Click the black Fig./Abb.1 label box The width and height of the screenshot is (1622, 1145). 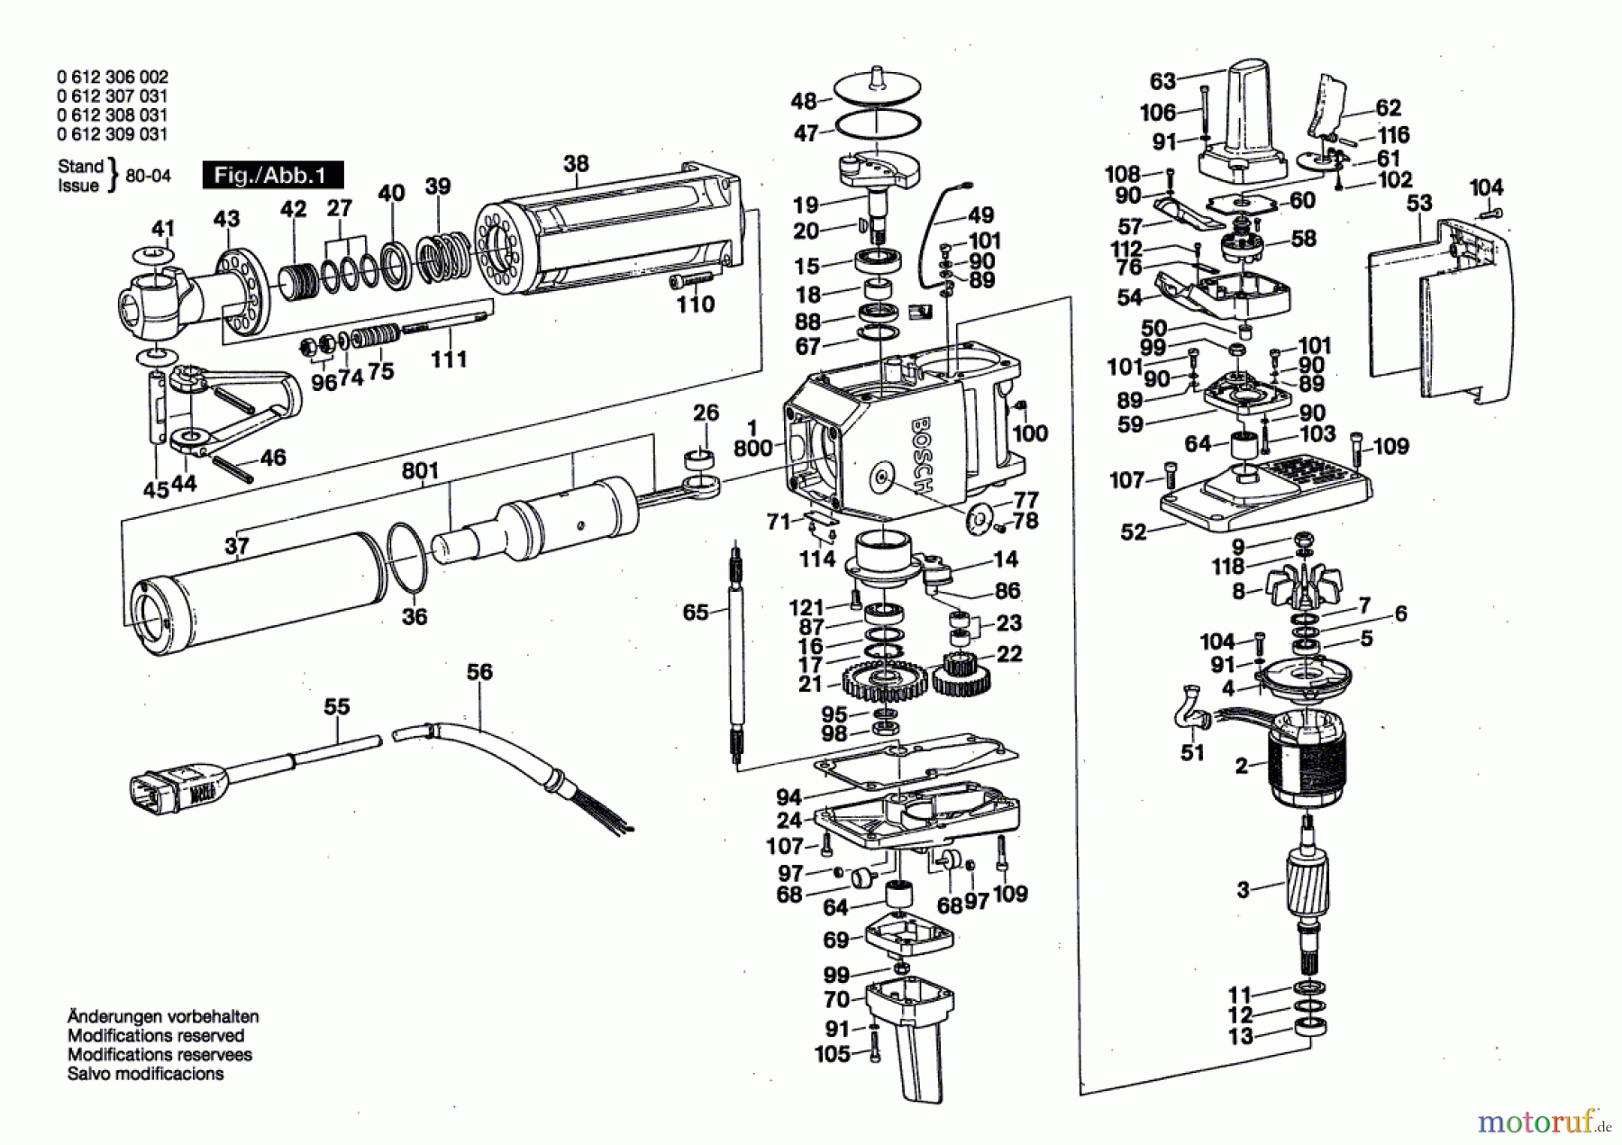[273, 175]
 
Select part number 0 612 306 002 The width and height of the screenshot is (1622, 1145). [112, 77]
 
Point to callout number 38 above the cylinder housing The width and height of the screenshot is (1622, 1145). [576, 163]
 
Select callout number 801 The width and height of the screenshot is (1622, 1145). [420, 470]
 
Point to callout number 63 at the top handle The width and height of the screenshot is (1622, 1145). [1162, 81]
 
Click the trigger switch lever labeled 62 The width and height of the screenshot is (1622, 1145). [1328, 104]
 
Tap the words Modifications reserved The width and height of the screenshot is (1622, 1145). [156, 1035]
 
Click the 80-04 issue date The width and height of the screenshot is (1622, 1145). [149, 176]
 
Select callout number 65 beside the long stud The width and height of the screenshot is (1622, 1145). [695, 613]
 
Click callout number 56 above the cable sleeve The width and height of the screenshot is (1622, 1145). [479, 672]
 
